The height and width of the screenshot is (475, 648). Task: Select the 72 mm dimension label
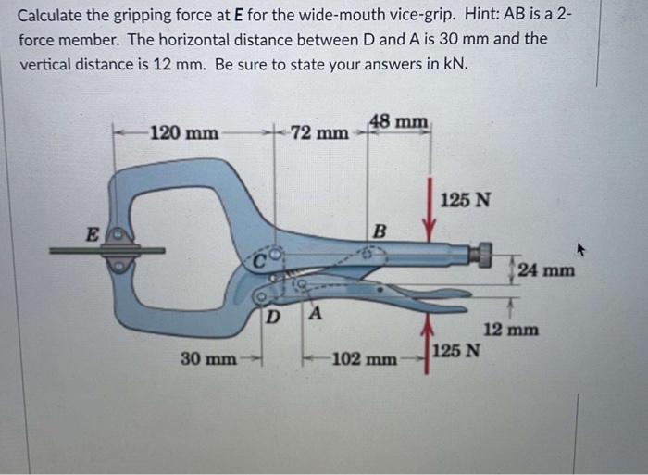tap(319, 133)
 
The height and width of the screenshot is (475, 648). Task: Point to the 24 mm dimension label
tap(546, 270)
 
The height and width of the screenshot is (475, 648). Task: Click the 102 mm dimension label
tap(366, 357)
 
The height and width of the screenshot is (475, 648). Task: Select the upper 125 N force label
tap(467, 199)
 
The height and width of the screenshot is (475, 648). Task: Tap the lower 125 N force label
tap(456, 351)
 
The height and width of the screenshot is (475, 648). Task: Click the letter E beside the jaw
tap(92, 235)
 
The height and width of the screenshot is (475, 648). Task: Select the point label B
tap(378, 230)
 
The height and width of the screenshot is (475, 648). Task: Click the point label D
tap(272, 318)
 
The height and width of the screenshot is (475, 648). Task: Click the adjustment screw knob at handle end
tap(481, 253)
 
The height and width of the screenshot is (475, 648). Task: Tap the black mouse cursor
tap(582, 247)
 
